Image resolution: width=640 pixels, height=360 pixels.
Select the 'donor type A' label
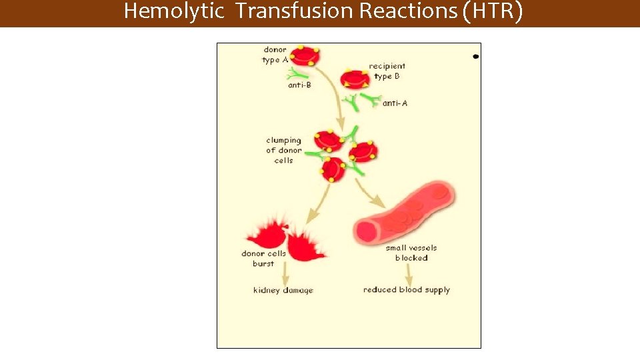275,55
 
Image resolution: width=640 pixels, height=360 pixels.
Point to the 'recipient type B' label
387,71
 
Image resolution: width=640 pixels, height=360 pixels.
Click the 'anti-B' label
299,85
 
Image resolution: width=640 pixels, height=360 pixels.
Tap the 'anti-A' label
395,103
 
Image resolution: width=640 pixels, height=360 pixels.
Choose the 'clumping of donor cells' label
283,151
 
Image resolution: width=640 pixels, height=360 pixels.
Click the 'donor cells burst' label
263,259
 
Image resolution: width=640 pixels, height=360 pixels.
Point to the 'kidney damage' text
283,290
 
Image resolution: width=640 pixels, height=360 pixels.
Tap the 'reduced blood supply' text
407,290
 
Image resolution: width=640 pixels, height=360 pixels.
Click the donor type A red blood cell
305,56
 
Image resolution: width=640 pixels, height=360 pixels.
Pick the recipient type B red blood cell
354,79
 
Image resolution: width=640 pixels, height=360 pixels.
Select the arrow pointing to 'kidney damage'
285,273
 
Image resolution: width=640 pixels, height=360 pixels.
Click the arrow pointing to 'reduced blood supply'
407,273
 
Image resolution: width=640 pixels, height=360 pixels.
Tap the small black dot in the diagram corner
475,57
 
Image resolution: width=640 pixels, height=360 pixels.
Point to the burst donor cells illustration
285,237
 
